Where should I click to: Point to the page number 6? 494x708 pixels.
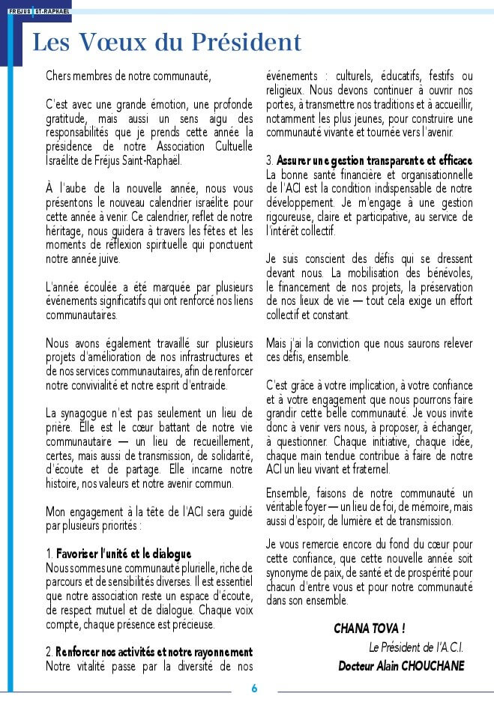[254, 689]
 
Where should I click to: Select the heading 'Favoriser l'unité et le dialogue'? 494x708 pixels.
[124, 554]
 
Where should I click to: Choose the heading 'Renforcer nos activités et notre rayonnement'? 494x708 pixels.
[154, 653]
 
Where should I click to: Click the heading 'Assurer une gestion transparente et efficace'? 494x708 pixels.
[374, 161]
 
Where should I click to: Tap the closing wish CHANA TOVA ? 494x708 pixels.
[370, 628]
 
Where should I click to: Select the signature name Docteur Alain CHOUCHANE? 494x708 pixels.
[401, 666]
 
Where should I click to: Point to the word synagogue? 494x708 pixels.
[96, 413]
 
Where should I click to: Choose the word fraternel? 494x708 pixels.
[365, 470]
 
